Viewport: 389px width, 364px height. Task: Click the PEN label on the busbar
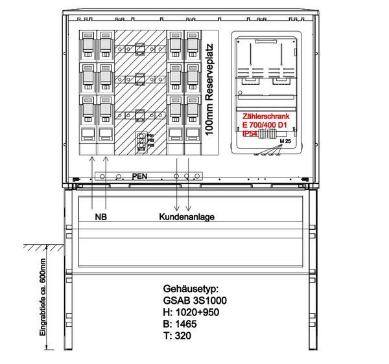pos(139,175)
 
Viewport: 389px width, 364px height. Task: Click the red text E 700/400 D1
pos(265,125)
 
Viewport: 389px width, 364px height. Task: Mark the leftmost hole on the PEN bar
pos(100,176)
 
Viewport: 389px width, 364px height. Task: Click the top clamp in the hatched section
pos(139,47)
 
